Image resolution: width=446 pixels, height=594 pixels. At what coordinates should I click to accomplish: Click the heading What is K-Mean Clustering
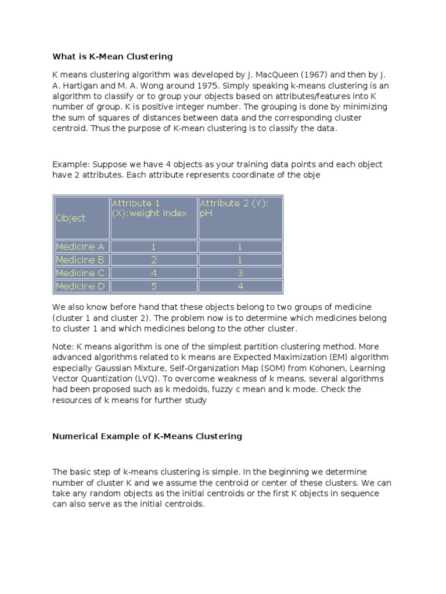(x=113, y=56)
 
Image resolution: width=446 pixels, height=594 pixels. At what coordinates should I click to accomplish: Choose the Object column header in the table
(x=70, y=218)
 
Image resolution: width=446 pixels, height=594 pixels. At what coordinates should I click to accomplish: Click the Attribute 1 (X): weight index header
(x=153, y=208)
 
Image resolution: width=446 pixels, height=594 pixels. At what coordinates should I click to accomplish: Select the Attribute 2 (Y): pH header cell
(x=240, y=208)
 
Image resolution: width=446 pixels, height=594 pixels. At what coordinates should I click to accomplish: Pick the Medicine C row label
(x=80, y=273)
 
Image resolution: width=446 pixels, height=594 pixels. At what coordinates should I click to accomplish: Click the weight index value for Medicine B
(x=153, y=260)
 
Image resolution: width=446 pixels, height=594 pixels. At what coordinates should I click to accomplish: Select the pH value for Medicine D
(x=240, y=286)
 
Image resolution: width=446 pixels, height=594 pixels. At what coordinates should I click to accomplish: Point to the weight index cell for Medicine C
(x=153, y=273)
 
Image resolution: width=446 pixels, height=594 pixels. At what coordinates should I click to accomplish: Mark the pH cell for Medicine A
(x=240, y=247)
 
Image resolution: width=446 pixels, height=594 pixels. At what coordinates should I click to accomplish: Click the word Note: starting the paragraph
(x=63, y=346)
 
